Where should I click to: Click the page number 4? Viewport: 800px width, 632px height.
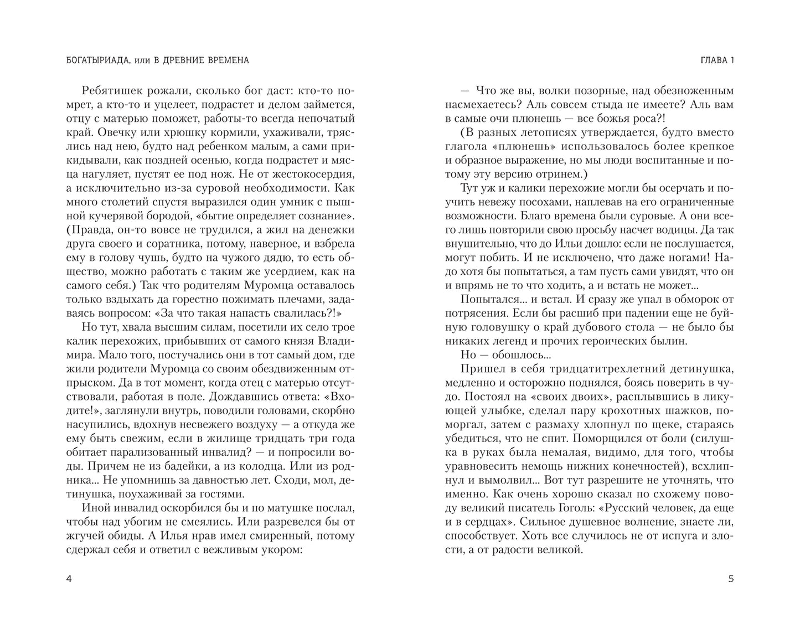point(69,579)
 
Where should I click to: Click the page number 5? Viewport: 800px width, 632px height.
point(731,579)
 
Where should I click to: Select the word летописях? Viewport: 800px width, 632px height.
point(556,133)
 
